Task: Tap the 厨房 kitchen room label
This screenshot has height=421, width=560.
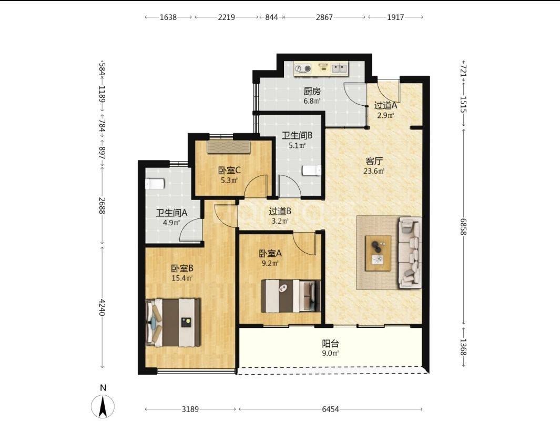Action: tap(312, 91)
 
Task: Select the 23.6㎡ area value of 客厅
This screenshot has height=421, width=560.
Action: tap(374, 171)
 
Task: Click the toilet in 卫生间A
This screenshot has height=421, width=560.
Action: tap(154, 184)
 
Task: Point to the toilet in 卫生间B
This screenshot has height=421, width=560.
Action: tap(311, 171)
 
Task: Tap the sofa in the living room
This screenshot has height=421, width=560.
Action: tap(410, 252)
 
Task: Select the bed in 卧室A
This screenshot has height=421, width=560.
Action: tap(291, 296)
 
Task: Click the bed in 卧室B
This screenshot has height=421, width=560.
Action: tap(173, 323)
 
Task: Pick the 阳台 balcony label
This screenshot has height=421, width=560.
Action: tap(330, 344)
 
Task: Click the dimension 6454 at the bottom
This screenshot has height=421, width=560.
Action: tap(330, 409)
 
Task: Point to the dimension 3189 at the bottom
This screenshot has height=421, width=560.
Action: tap(190, 409)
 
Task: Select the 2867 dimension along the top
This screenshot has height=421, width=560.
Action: tap(324, 17)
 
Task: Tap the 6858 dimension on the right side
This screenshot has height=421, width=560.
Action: tap(463, 227)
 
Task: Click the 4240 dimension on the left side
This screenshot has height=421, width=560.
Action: tap(102, 307)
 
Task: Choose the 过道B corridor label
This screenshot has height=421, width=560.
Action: tap(280, 212)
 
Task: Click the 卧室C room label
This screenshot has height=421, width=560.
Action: tap(229, 171)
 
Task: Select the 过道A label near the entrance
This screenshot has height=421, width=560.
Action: tap(385, 105)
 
